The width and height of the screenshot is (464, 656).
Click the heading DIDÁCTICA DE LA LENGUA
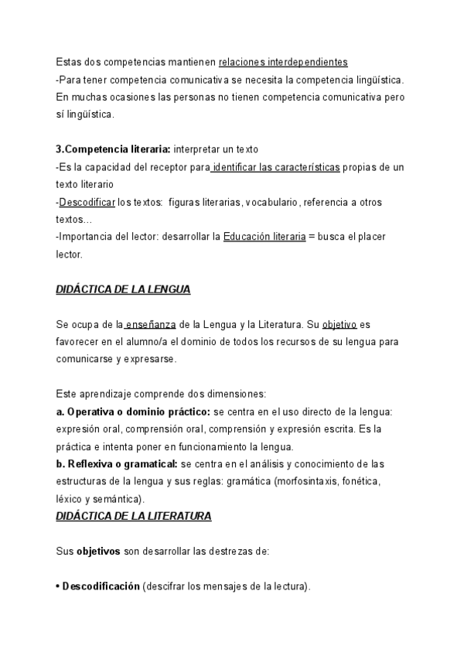[x=123, y=290]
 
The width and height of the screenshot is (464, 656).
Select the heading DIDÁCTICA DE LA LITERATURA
[x=134, y=514]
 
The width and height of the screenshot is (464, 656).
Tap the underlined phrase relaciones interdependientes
[x=283, y=62]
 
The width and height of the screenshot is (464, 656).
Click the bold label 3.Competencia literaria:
[x=113, y=149]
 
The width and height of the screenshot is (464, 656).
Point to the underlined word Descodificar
[x=87, y=202]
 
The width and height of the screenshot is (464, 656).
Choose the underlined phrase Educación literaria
[x=264, y=237]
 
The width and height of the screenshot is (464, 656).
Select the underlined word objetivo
[x=339, y=326]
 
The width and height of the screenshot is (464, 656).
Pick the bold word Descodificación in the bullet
[x=101, y=586]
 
